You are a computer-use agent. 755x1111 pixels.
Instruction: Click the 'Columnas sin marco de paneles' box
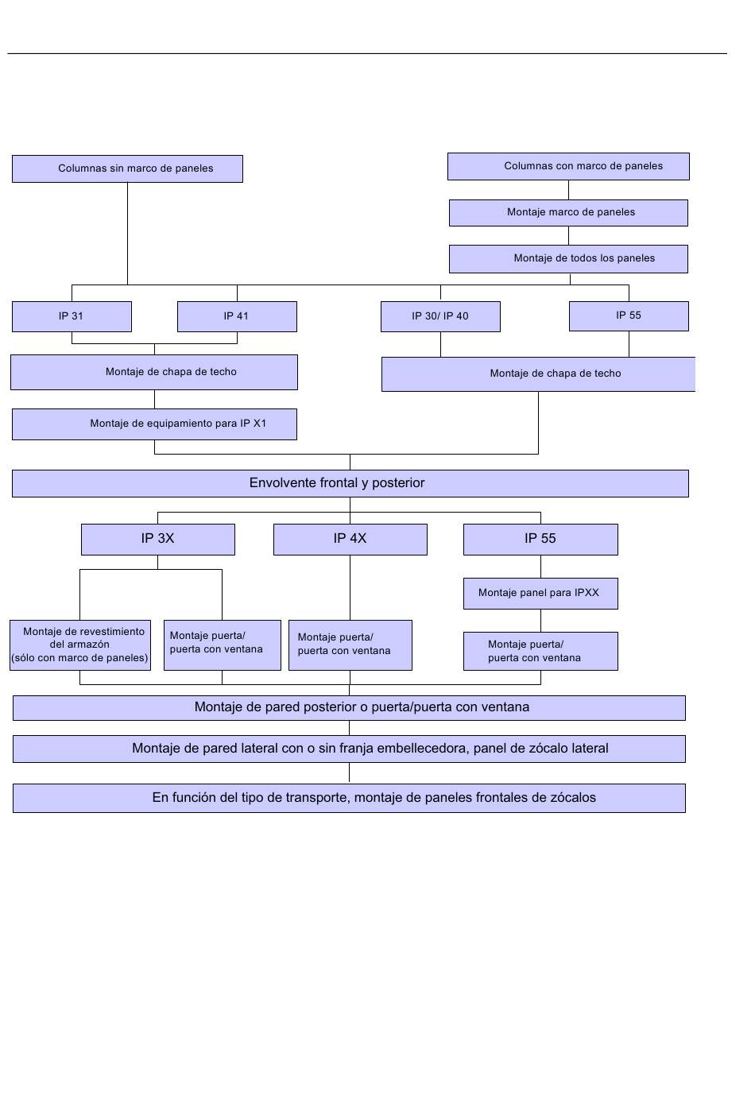click(x=127, y=168)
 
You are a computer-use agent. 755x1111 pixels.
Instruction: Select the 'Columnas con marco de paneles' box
click(x=568, y=166)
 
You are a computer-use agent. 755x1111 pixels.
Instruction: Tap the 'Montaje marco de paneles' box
click(x=568, y=213)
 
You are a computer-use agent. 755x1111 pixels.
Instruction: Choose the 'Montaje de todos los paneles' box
click(x=568, y=259)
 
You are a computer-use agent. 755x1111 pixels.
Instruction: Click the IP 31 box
click(x=72, y=316)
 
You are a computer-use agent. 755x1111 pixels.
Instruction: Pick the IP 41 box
click(x=237, y=316)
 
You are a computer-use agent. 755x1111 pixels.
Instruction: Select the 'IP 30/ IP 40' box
click(x=440, y=316)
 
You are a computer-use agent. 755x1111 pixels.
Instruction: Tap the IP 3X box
click(x=157, y=539)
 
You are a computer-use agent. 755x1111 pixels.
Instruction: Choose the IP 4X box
click(x=350, y=539)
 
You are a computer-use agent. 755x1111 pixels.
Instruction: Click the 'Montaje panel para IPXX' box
click(x=540, y=593)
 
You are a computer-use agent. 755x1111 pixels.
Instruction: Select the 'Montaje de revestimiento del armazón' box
click(x=80, y=645)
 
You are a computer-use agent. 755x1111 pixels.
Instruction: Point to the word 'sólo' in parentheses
click(x=25, y=658)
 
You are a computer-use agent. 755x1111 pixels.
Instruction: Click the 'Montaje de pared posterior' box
click(x=349, y=708)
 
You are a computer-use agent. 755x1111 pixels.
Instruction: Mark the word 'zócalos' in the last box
click(x=573, y=798)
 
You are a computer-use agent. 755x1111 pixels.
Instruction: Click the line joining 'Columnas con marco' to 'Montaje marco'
click(x=568, y=190)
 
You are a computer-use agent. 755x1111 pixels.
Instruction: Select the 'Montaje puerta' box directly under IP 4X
click(x=350, y=645)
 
